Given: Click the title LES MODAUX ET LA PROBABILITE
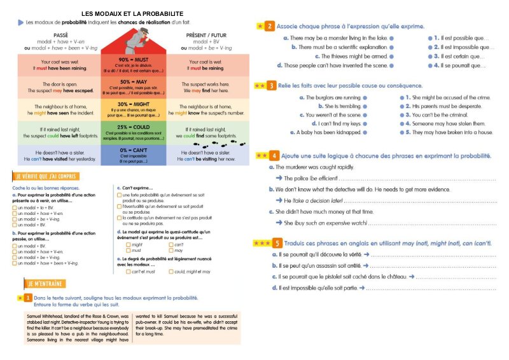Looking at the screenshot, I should (x=133, y=13).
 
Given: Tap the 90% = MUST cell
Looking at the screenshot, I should (x=133, y=64).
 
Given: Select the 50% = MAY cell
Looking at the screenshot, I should (x=133, y=87).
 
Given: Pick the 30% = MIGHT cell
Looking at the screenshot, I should (x=133, y=109).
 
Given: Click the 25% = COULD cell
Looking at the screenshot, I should (x=133, y=131).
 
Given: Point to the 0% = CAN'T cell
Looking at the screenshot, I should (x=133, y=155).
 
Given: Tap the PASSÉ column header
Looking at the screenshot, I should (x=61, y=36).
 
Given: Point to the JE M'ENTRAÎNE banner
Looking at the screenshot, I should (x=46, y=282).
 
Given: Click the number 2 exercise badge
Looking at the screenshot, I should (x=270, y=26).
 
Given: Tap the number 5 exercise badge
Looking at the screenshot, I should (x=277, y=242).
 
